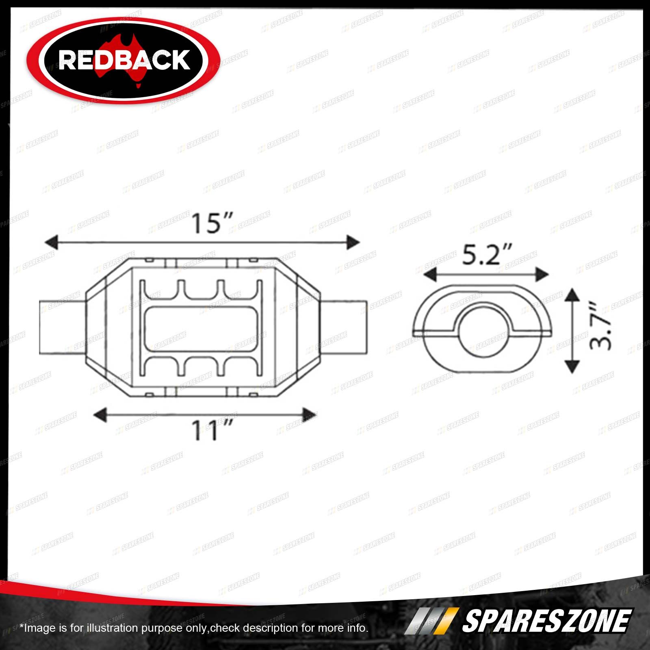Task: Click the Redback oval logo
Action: click(123, 60)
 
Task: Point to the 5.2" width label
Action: click(487, 254)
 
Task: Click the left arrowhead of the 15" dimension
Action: click(51, 243)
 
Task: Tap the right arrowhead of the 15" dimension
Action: click(353, 243)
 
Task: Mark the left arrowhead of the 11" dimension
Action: click(100, 415)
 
